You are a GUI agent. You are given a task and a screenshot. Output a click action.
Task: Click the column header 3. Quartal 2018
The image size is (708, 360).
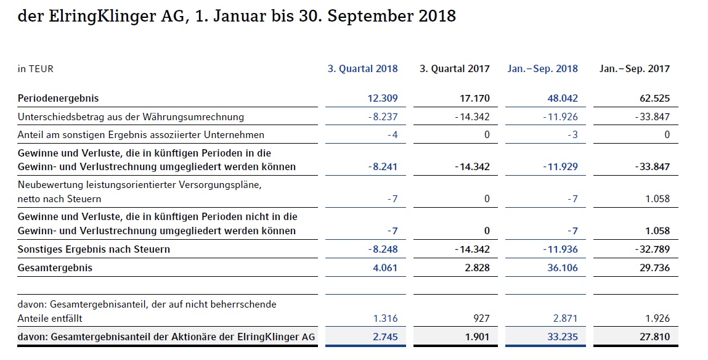[362, 68]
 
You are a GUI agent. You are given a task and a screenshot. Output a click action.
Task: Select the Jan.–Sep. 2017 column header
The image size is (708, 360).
[634, 68]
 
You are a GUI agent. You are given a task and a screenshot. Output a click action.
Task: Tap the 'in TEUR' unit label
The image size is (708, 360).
[36, 69]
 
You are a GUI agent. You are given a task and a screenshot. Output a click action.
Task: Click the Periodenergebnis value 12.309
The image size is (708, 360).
[382, 98]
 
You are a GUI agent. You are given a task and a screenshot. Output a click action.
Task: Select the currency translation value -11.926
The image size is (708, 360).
[560, 117]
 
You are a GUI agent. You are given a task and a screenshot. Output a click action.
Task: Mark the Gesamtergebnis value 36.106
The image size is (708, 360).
[561, 268]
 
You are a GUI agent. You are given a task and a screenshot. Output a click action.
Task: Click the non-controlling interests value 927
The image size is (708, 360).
[481, 318]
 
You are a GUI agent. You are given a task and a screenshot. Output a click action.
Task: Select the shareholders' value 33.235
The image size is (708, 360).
[561, 337]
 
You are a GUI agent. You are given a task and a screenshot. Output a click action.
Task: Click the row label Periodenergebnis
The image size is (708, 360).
[58, 98]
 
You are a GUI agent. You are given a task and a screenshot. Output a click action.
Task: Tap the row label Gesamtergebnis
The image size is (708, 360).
[55, 268]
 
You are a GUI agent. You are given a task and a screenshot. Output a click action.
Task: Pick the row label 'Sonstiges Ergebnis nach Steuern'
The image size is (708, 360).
[94, 249]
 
